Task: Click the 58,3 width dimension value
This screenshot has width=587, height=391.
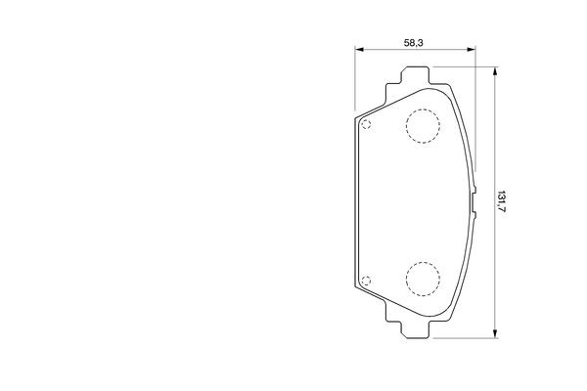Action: [413, 43]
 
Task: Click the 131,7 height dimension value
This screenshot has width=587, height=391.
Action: [501, 202]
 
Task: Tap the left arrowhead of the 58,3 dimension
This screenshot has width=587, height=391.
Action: [359, 49]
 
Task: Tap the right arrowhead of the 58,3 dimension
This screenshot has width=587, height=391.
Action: [471, 49]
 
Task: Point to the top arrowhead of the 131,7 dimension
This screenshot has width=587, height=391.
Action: [495, 71]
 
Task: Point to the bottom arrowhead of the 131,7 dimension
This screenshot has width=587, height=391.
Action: [495, 333]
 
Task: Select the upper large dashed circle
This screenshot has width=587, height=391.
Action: [423, 126]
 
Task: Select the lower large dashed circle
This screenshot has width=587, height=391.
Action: [423, 280]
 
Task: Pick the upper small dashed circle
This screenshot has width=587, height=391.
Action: [366, 124]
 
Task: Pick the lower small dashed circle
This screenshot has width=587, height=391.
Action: [366, 281]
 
